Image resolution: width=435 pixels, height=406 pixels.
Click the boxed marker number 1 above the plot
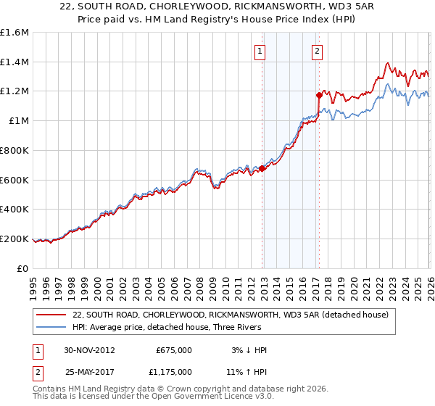[x=260, y=51]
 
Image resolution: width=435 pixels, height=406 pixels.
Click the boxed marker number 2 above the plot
[x=318, y=51]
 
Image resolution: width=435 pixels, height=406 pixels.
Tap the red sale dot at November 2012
[x=262, y=168]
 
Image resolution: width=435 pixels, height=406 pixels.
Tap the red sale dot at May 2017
[x=319, y=94]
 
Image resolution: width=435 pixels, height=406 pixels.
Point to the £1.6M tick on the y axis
[x=14, y=33]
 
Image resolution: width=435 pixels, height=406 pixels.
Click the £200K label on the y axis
[x=14, y=239]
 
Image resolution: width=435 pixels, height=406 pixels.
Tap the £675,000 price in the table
[x=174, y=350]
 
